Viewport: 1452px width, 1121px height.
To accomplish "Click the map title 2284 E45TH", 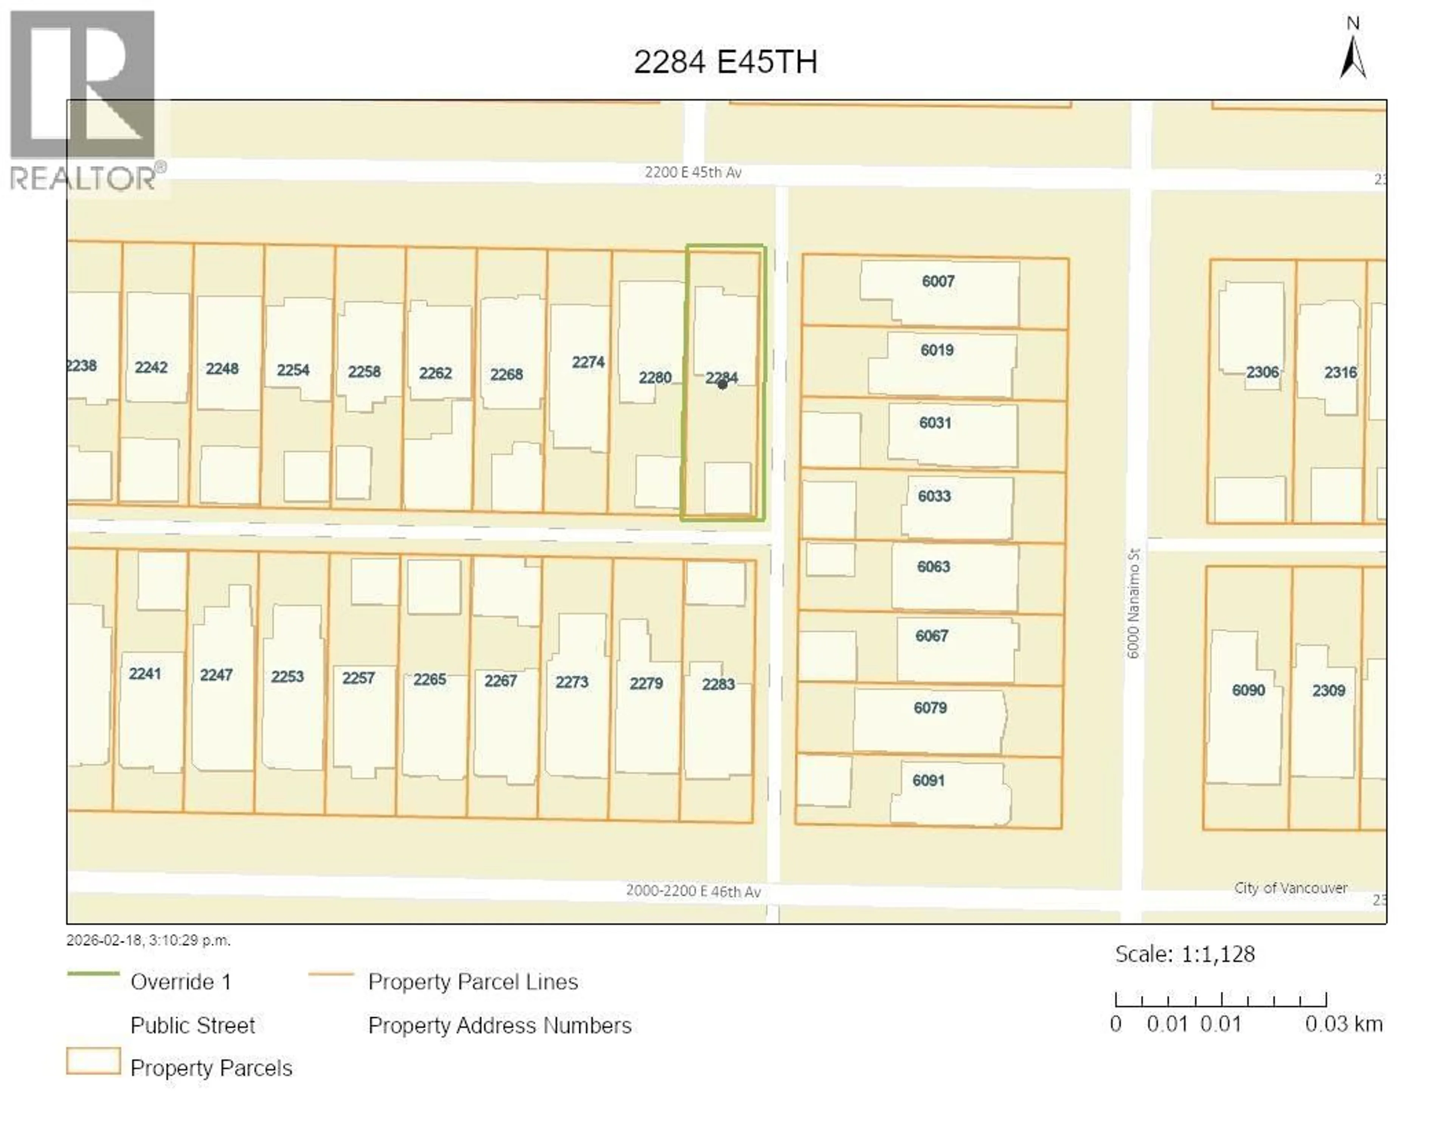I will tap(725, 62).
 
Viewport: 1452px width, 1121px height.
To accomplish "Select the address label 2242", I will tap(151, 368).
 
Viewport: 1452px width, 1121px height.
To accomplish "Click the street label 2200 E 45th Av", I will tap(693, 173).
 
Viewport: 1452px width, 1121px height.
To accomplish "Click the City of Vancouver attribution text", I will tap(1291, 888).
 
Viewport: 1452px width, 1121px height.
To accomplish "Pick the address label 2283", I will tap(718, 685).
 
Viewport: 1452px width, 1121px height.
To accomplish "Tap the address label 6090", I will tap(1248, 690).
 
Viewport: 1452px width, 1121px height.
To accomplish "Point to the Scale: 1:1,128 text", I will tap(1185, 954).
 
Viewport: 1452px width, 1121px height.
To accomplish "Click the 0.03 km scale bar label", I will tap(1343, 1024).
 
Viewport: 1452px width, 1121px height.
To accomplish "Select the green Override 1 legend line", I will tap(93, 974).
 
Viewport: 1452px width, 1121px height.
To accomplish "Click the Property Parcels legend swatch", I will tap(93, 1061).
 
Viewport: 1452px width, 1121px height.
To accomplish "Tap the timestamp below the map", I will tap(148, 940).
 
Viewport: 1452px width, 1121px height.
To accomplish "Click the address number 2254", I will tap(293, 370).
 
